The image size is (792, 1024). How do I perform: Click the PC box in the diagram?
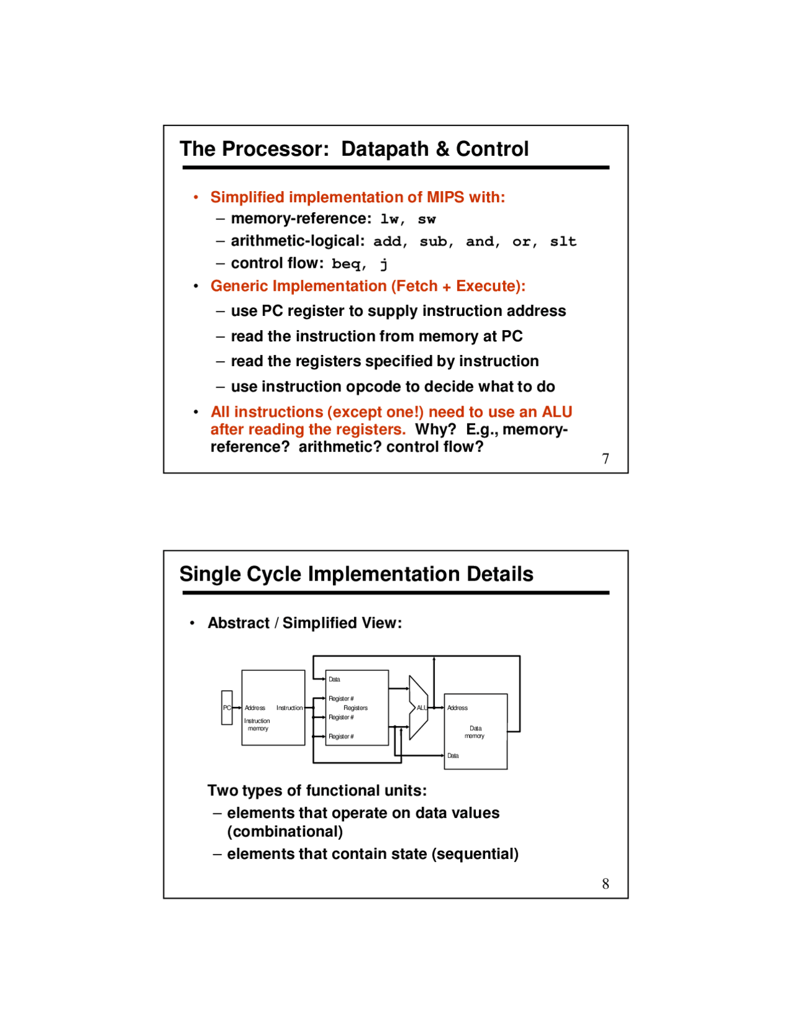pyautogui.click(x=227, y=707)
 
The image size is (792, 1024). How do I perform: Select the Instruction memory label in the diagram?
pyautogui.click(x=257, y=725)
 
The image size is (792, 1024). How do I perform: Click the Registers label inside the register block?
pyautogui.click(x=355, y=708)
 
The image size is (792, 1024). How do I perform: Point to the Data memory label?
pyautogui.click(x=475, y=732)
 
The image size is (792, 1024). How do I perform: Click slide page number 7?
pyautogui.click(x=605, y=459)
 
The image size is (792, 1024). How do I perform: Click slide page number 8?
pyautogui.click(x=605, y=884)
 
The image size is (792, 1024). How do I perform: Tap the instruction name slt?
pyautogui.click(x=563, y=242)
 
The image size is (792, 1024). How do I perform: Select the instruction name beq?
pyautogui.click(x=347, y=264)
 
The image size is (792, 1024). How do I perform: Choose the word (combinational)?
pyautogui.click(x=285, y=832)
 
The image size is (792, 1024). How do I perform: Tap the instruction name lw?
pyautogui.click(x=390, y=220)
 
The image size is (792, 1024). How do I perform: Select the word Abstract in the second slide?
pyautogui.click(x=238, y=623)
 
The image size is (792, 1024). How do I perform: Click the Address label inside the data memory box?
pyautogui.click(x=457, y=708)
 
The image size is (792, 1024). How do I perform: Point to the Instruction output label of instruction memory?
pyautogui.click(x=289, y=708)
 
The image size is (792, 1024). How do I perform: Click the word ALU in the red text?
pyautogui.click(x=557, y=412)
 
